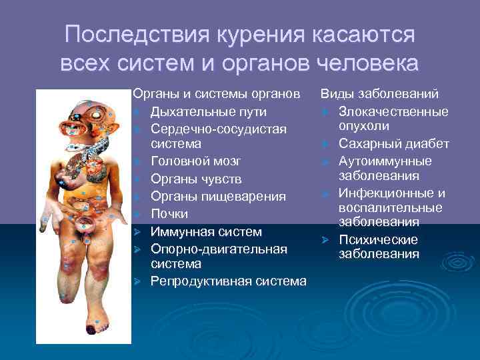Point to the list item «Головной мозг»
click(196, 161)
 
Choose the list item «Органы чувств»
click(197, 179)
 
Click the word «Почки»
click(169, 214)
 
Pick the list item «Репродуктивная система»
click(229, 281)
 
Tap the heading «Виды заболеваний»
click(379, 94)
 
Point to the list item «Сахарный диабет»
click(393, 144)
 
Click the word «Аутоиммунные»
click(385, 161)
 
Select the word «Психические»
click(378, 240)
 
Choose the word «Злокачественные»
click(393, 111)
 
